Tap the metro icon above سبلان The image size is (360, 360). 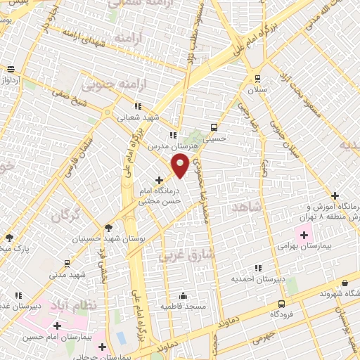[x=258, y=78]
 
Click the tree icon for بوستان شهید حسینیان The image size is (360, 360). [x=108, y=227]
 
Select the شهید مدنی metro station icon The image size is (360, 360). [x=66, y=264]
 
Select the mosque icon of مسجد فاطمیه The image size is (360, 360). [x=183, y=295]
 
